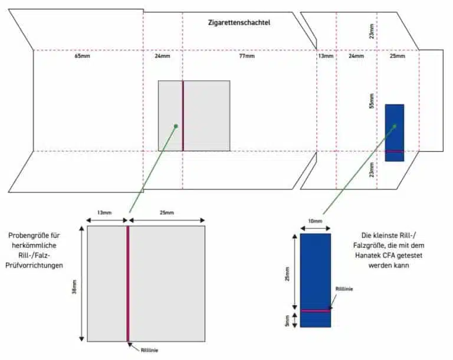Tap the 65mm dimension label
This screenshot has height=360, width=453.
[x=82, y=57]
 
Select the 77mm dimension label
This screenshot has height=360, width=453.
[x=247, y=57]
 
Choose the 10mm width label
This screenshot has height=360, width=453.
[x=316, y=221]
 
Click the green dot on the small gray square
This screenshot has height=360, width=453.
[x=175, y=125]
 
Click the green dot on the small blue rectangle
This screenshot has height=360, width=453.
[x=395, y=126]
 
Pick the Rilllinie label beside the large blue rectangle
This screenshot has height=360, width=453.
[x=345, y=289]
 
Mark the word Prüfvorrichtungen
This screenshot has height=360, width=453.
[x=35, y=265]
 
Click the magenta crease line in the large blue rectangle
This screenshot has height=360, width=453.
[x=315, y=310]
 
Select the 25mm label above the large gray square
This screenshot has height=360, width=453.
[x=167, y=212]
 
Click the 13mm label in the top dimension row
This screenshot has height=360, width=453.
[x=326, y=57]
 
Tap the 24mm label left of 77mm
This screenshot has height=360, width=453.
[x=162, y=57]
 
